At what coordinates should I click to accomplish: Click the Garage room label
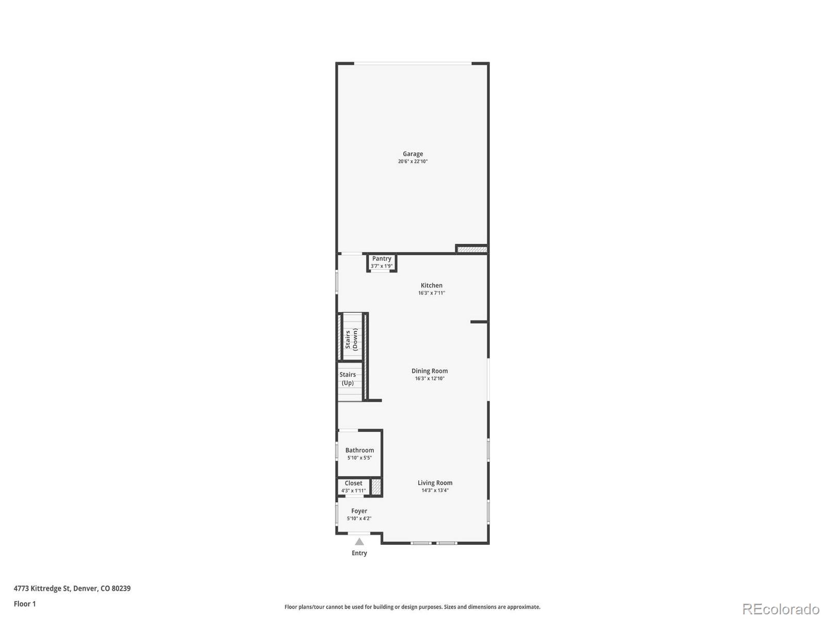click(x=412, y=154)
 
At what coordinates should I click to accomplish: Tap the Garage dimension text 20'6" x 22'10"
click(x=412, y=161)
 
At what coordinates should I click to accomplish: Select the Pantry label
click(x=382, y=259)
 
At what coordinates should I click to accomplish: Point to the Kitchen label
click(x=432, y=285)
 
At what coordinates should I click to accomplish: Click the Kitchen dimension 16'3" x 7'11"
click(x=432, y=293)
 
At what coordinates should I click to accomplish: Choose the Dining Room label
click(x=430, y=371)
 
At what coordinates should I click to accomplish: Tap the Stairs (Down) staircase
click(x=352, y=338)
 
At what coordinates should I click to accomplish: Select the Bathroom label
click(x=359, y=450)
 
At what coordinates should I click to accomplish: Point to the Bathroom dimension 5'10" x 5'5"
click(x=359, y=458)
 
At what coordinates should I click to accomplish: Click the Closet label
click(x=354, y=483)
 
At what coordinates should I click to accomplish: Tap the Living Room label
click(x=435, y=483)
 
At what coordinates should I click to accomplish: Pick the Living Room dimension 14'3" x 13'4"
click(x=435, y=491)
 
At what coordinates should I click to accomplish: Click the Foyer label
click(x=359, y=511)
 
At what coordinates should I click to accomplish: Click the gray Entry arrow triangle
click(x=359, y=542)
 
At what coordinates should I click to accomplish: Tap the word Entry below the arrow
click(x=359, y=553)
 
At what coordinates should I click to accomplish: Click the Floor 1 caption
click(x=25, y=604)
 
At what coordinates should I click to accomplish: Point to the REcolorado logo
click(x=781, y=609)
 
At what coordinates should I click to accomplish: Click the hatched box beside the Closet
click(x=376, y=487)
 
